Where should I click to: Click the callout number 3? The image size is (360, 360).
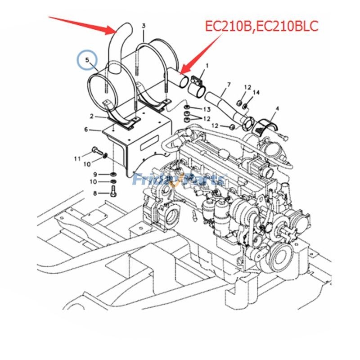(144, 26)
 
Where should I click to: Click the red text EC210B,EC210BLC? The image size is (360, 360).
(261, 25)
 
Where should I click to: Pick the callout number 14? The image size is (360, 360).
(256, 93)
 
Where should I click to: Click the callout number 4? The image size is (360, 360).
(277, 108)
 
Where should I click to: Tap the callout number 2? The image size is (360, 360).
(91, 116)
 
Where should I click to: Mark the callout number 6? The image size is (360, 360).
(86, 130)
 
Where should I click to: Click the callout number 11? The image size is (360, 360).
(77, 158)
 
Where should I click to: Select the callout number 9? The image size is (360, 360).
(95, 174)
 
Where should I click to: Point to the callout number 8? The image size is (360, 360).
(95, 193)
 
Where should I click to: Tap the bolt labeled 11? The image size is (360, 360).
(97, 150)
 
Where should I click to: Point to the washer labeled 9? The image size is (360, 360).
(112, 174)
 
